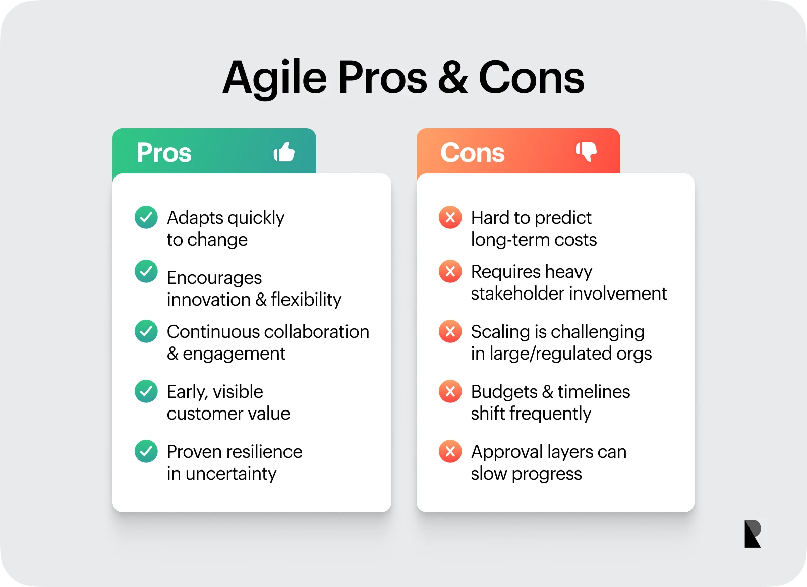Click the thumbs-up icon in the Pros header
click(x=284, y=152)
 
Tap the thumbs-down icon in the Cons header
click(x=587, y=151)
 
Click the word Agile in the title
click(x=275, y=78)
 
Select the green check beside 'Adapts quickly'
click(x=146, y=217)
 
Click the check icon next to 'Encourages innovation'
click(x=146, y=271)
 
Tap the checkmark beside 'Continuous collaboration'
click(x=146, y=331)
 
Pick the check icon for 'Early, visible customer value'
click(x=146, y=391)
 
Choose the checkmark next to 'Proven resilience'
click(x=146, y=451)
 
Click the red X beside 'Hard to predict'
click(x=450, y=217)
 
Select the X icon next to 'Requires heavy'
click(x=450, y=271)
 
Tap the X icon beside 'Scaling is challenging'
click(x=450, y=331)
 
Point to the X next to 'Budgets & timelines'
click(x=450, y=391)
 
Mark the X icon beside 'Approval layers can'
click(x=450, y=451)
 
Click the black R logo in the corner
click(x=752, y=534)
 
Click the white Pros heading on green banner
click(x=164, y=152)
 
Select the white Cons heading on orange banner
click(x=472, y=152)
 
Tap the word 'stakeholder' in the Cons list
click(x=513, y=293)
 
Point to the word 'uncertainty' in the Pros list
click(x=231, y=474)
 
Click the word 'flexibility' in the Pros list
click(x=306, y=300)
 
